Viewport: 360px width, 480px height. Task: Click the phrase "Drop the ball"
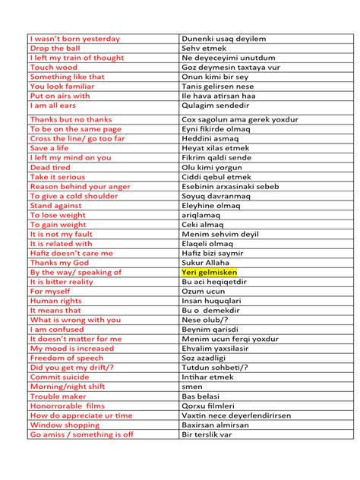pos(55,48)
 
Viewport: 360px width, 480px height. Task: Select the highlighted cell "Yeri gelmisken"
pos(210,272)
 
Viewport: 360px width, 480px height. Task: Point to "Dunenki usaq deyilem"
pos(223,38)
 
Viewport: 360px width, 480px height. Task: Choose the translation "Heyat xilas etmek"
pos(216,148)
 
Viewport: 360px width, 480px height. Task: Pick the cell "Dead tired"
pos(50,167)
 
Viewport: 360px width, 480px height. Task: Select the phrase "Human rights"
pos(55,301)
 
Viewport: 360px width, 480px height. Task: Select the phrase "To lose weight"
pos(58,215)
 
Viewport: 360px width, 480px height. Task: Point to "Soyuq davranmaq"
pos(216,196)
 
